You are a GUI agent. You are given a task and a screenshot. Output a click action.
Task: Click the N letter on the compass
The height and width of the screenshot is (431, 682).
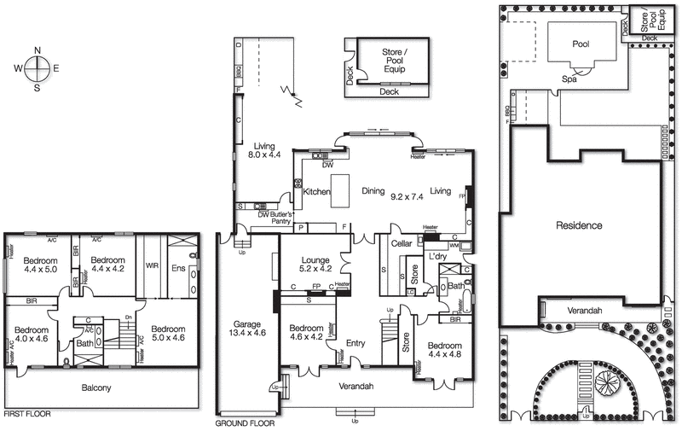coord(38,50)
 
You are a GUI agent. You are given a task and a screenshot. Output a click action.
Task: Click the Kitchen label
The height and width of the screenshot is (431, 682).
coord(315,192)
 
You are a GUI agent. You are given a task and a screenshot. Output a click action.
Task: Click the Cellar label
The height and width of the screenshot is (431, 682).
coord(402,244)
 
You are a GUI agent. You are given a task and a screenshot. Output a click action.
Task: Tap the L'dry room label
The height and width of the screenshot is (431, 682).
coord(438,257)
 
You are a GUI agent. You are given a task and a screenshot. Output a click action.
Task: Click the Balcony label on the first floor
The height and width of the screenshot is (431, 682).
coord(96,388)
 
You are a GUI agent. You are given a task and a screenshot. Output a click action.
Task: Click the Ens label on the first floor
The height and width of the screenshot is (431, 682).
coord(179,267)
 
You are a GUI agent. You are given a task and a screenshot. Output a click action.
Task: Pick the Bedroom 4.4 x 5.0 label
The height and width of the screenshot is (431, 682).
coord(40,265)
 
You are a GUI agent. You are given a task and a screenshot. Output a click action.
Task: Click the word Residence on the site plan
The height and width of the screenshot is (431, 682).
coord(579,226)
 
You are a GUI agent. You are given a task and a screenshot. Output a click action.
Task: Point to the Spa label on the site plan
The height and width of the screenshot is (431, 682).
coord(568,79)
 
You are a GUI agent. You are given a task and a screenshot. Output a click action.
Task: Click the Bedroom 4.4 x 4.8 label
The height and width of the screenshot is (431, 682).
coord(444,350)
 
